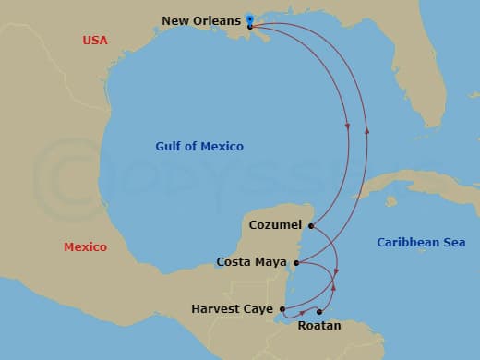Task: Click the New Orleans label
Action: tap(201, 20)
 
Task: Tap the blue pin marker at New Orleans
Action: tap(250, 18)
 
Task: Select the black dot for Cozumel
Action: tap(311, 225)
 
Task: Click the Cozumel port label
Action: tap(276, 225)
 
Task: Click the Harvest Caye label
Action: tap(231, 308)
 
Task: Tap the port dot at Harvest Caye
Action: tap(282, 308)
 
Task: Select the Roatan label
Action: tap(320, 325)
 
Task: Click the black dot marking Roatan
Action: tap(319, 312)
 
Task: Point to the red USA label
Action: tap(95, 41)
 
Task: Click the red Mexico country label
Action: tap(85, 247)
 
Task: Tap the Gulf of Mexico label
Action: tap(199, 147)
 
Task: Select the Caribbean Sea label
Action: tap(421, 243)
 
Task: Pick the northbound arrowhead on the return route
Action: tap(367, 128)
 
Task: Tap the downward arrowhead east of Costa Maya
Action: tap(337, 272)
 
